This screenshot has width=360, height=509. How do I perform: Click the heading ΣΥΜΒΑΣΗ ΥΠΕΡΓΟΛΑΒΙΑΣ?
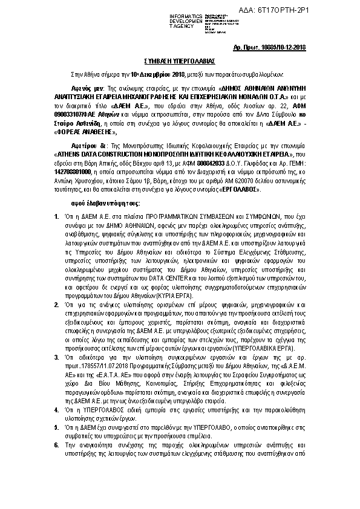tap(180, 62)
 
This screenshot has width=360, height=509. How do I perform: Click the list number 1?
tap(56, 216)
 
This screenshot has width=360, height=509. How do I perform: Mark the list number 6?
tap(56, 444)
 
